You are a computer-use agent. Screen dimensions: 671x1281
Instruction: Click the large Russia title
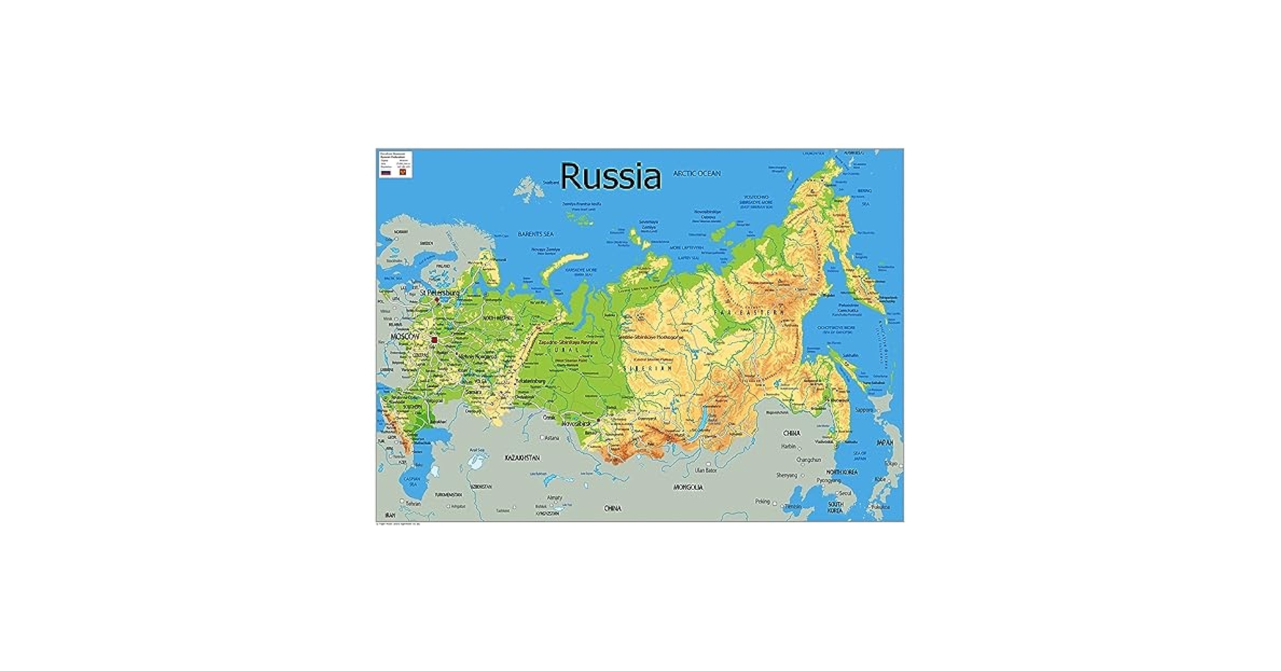[x=610, y=176]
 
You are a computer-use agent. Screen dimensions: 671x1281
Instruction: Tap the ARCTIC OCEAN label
[x=697, y=173]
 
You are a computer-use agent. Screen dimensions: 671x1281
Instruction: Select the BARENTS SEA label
[x=535, y=234]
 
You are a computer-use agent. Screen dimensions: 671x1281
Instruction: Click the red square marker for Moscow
[x=434, y=340]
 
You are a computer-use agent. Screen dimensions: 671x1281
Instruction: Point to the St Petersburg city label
[x=439, y=293]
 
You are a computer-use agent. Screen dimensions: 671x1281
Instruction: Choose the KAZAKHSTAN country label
[x=522, y=458]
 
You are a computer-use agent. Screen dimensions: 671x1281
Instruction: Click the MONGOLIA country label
[x=688, y=487]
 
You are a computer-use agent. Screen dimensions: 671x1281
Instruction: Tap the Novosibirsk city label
[x=576, y=424]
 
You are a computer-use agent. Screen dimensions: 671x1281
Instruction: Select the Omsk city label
[x=549, y=417]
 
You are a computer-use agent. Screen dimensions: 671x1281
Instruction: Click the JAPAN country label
[x=885, y=443]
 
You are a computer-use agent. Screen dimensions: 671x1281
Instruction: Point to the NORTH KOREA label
[x=841, y=472]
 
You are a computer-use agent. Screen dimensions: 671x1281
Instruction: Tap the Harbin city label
[x=788, y=446]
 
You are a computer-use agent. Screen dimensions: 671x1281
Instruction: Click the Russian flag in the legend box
[x=386, y=172]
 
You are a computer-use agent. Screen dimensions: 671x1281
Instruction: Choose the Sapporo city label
[x=864, y=409]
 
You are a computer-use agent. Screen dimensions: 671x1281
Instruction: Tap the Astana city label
[x=552, y=437]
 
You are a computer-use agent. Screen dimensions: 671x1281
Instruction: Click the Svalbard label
[x=550, y=183]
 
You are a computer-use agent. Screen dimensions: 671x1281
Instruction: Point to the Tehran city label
[x=412, y=503]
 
